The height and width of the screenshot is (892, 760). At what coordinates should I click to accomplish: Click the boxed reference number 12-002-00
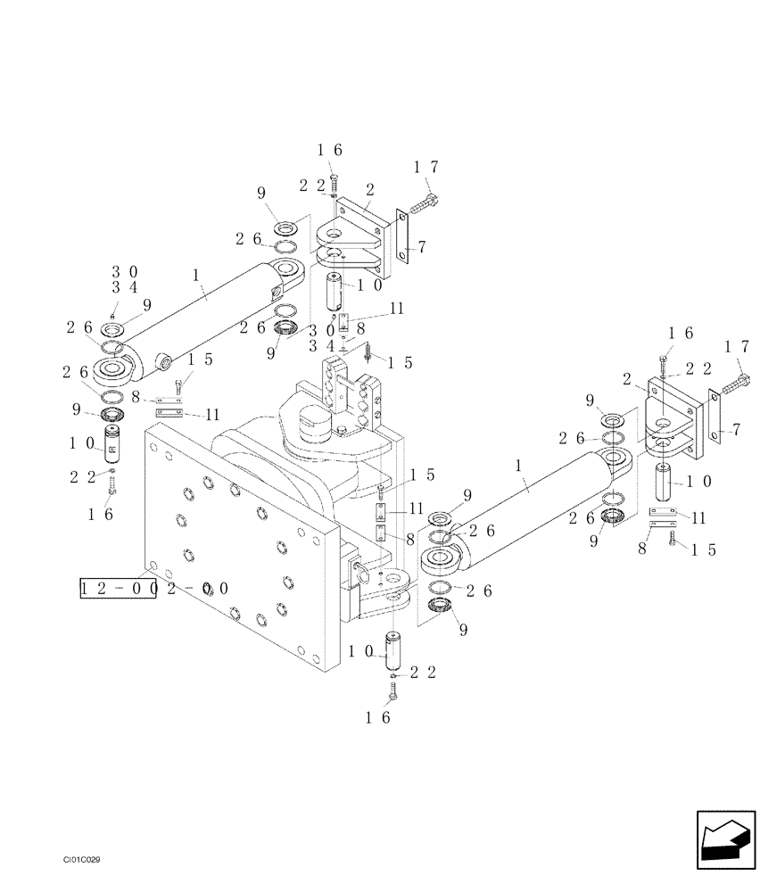tap(118, 589)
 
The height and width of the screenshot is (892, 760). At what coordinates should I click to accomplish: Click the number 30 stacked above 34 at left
tap(124, 271)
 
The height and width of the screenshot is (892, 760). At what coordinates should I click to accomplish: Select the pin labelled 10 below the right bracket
tap(664, 483)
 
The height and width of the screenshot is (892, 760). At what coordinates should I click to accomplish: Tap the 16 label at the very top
tap(329, 151)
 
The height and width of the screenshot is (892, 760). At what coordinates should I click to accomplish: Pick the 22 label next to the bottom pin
tap(423, 673)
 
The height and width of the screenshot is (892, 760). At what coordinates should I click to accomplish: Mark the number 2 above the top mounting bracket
tap(369, 189)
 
